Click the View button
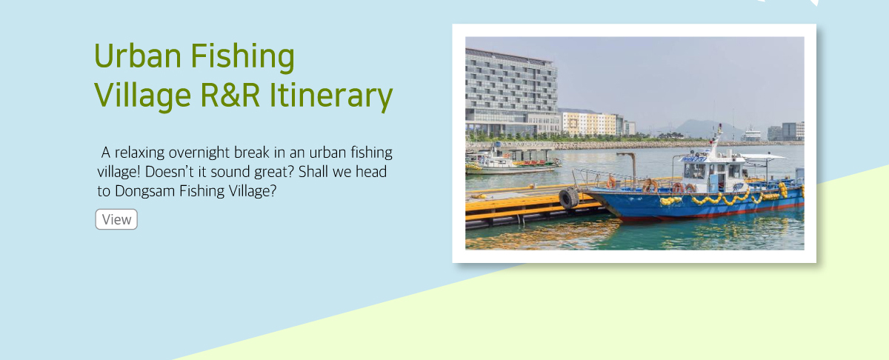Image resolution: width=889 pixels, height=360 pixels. point(116,219)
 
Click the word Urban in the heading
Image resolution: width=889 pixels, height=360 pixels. point(138,56)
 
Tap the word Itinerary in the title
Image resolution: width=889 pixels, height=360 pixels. point(330,96)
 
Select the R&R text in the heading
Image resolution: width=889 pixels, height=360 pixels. point(230,96)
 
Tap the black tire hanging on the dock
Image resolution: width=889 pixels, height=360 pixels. point(569,198)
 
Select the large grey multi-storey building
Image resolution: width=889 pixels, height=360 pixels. point(512,93)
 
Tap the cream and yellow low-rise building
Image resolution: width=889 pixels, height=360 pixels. point(590,123)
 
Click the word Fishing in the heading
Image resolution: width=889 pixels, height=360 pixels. point(242,57)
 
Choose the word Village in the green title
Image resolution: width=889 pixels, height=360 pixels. point(142,96)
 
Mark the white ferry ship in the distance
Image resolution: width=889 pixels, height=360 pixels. point(751,134)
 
